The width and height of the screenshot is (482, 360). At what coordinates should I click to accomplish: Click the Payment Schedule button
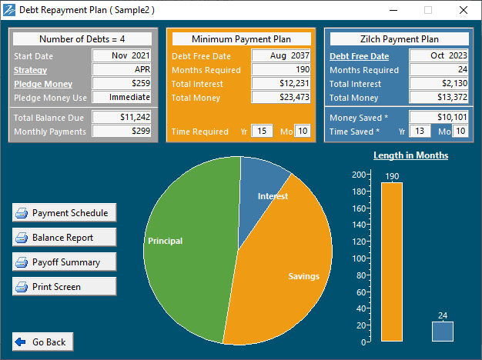tap(64, 213)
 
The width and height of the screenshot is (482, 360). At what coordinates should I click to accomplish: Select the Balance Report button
tap(64, 238)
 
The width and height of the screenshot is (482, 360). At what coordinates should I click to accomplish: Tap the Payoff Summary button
tap(64, 262)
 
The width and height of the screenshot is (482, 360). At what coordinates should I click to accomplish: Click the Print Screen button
tap(64, 287)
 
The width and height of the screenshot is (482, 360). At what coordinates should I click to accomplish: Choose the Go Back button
tap(41, 342)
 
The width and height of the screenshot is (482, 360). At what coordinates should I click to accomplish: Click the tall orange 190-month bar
tap(391, 262)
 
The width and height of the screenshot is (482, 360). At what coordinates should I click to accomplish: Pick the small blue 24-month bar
tap(442, 332)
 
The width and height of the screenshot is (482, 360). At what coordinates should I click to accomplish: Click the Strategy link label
tap(31, 70)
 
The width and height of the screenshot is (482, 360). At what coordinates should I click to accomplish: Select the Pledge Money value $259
tap(122, 84)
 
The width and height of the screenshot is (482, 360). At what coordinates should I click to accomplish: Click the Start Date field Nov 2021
tap(122, 56)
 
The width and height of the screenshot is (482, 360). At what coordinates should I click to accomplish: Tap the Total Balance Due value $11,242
tap(122, 118)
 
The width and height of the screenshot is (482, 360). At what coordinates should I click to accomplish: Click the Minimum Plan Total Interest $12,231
tap(281, 84)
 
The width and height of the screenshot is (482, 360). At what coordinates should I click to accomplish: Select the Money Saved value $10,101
tap(438, 118)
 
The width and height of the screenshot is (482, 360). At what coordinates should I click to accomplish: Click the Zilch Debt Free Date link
tap(359, 56)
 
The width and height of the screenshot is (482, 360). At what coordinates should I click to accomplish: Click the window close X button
tap(464, 10)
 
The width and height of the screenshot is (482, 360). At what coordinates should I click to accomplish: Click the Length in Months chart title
tap(410, 155)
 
